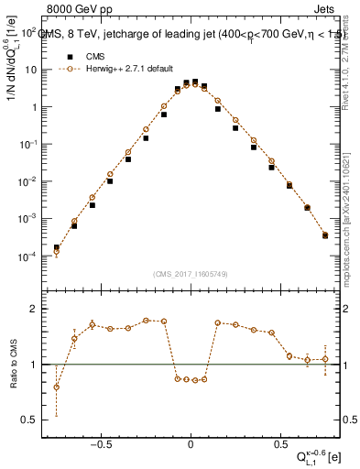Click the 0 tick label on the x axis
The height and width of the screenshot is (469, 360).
point(191,445)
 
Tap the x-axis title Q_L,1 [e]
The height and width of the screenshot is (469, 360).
point(320,459)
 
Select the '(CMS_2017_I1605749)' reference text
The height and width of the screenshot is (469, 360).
point(190,274)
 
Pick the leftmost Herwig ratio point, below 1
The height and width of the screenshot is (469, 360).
point(56,387)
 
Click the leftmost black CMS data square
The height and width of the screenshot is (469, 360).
point(56,247)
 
